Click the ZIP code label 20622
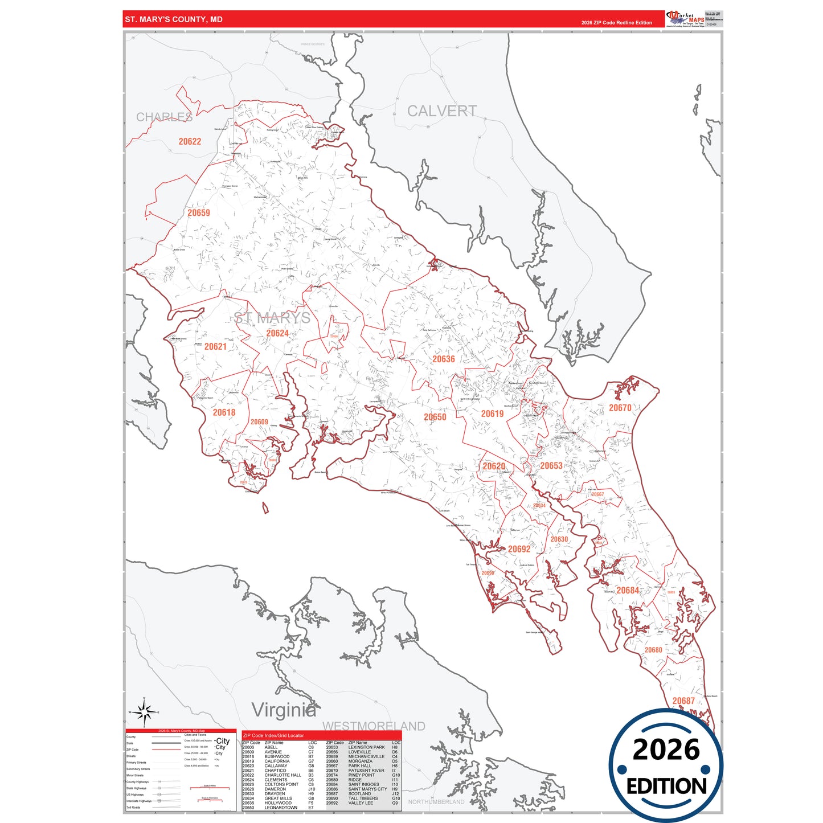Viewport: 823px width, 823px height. click(190, 142)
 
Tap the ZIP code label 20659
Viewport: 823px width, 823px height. click(199, 213)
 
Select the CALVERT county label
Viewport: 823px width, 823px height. click(441, 111)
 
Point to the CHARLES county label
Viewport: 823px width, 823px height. click(164, 117)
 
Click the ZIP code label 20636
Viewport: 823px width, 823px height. click(443, 359)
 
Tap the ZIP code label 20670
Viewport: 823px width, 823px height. click(620, 408)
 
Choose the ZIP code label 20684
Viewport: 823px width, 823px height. click(627, 591)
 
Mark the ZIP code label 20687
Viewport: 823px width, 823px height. click(683, 701)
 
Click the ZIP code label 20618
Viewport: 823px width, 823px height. click(224, 412)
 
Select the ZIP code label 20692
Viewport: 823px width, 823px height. click(519, 550)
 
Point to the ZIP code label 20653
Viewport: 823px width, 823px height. click(551, 466)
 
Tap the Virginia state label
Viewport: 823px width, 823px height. click(284, 710)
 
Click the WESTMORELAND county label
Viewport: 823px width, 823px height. click(374, 726)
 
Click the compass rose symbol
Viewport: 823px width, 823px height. click(145, 712)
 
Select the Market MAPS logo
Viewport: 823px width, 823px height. click(685, 19)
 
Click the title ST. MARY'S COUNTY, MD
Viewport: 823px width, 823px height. click(174, 19)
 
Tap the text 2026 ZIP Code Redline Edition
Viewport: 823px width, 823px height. click(616, 23)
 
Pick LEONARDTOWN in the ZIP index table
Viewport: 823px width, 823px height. click(281, 808)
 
